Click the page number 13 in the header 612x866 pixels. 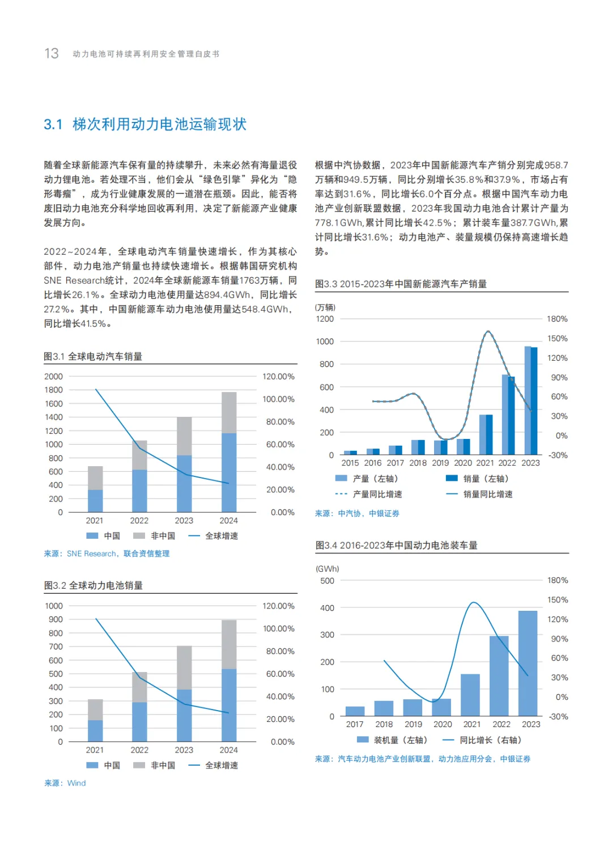52,53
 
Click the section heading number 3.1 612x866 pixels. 53,125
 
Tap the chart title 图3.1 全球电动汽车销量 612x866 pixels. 93,356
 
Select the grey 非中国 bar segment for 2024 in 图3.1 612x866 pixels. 229,412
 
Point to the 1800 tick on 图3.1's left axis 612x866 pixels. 54,390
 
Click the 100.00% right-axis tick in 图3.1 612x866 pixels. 278,399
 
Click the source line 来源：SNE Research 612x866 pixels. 107,554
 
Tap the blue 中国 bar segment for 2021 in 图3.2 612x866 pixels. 95,730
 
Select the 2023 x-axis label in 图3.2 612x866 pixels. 184,750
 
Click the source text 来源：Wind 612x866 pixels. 65,783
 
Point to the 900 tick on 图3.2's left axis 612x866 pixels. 56,619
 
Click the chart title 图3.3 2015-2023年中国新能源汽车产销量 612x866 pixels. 401,284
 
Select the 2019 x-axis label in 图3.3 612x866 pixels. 440,463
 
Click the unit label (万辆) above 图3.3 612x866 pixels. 325,307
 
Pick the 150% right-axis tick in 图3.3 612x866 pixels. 557,339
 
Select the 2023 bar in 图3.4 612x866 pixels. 528,663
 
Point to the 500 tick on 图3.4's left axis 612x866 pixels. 327,581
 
